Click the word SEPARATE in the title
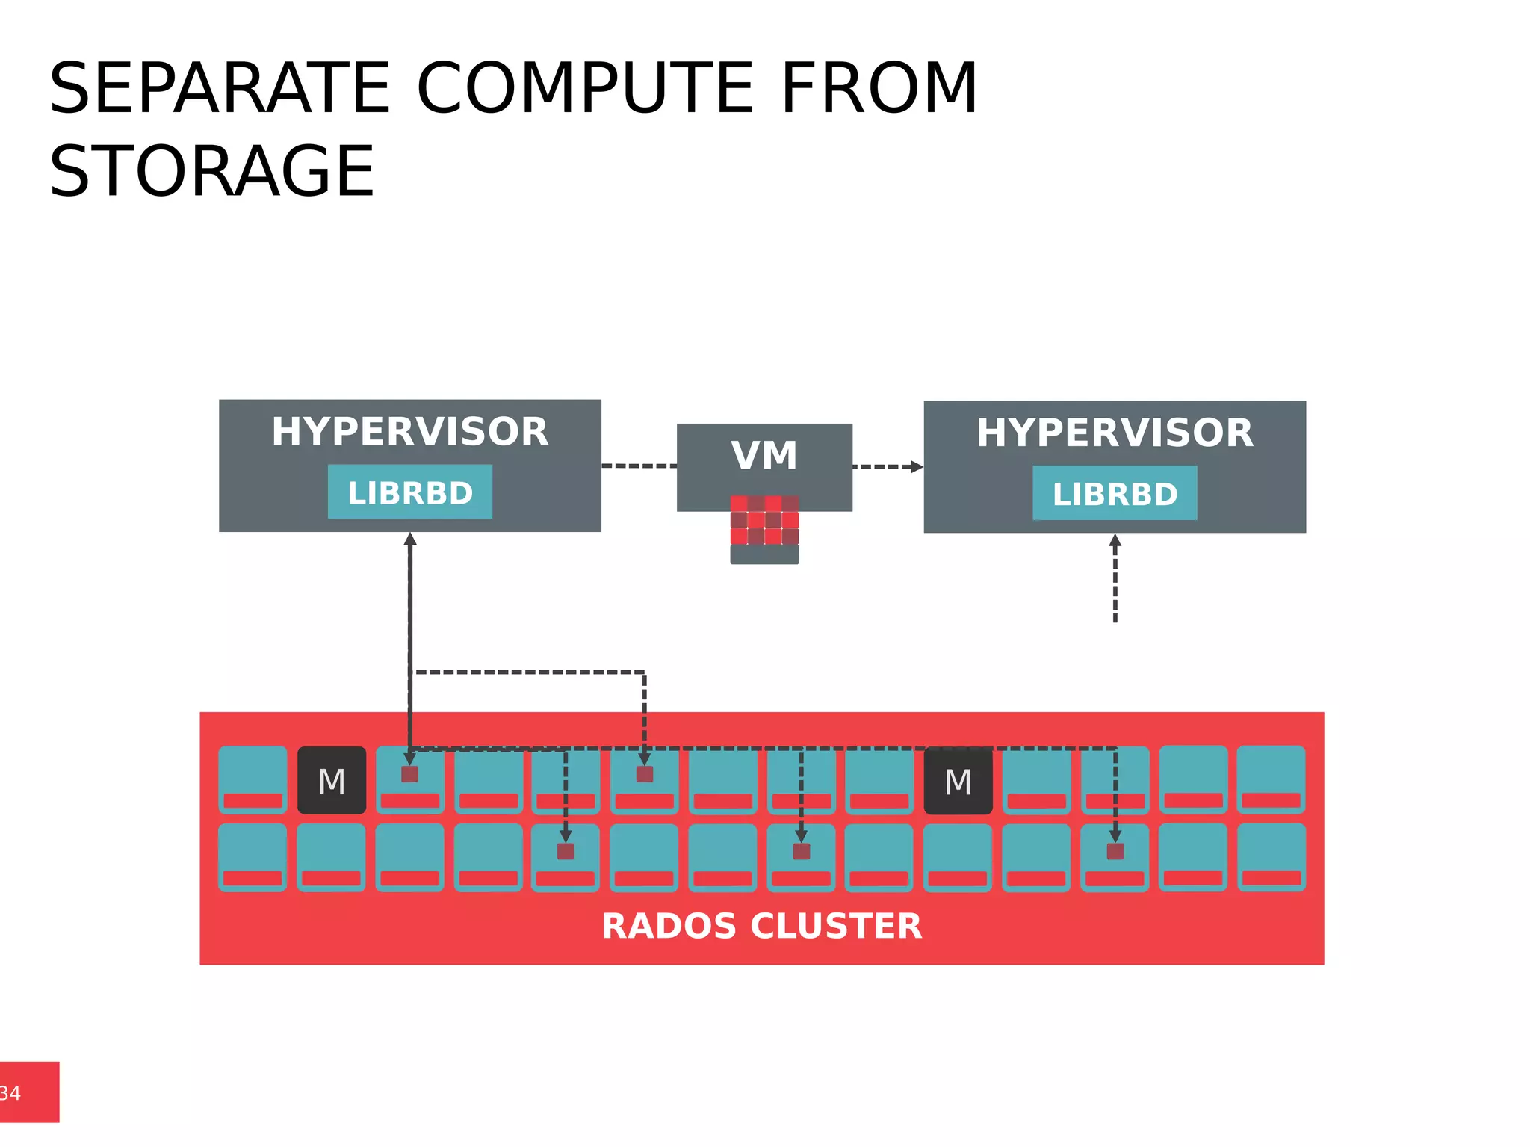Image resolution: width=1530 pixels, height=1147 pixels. pos(220,89)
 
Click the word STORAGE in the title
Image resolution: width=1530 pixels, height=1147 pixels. pos(211,172)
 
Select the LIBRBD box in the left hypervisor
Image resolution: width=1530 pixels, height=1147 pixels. pos(409,492)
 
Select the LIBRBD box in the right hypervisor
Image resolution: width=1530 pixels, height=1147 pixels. pos(1115,493)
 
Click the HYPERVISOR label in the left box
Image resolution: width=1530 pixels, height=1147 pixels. pos(409,432)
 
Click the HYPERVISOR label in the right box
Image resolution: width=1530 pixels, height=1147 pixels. pos(1115,433)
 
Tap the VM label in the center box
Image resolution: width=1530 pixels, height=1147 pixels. pos(764,456)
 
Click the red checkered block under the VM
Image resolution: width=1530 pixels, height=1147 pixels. pos(764,520)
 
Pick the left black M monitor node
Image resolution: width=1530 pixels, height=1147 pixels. pos(332,781)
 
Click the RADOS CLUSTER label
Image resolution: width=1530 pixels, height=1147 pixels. pos(761,926)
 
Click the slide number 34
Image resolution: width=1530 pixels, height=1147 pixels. pos(10,1093)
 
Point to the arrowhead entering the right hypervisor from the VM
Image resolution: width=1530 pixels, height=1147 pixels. pos(917,467)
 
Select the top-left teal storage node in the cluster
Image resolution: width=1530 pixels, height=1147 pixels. pos(253,779)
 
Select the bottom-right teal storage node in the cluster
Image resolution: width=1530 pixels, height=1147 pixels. pos(1271,857)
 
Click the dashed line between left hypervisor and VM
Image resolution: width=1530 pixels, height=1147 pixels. pos(639,466)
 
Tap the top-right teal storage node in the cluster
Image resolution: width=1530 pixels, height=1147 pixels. pos(1271,779)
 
